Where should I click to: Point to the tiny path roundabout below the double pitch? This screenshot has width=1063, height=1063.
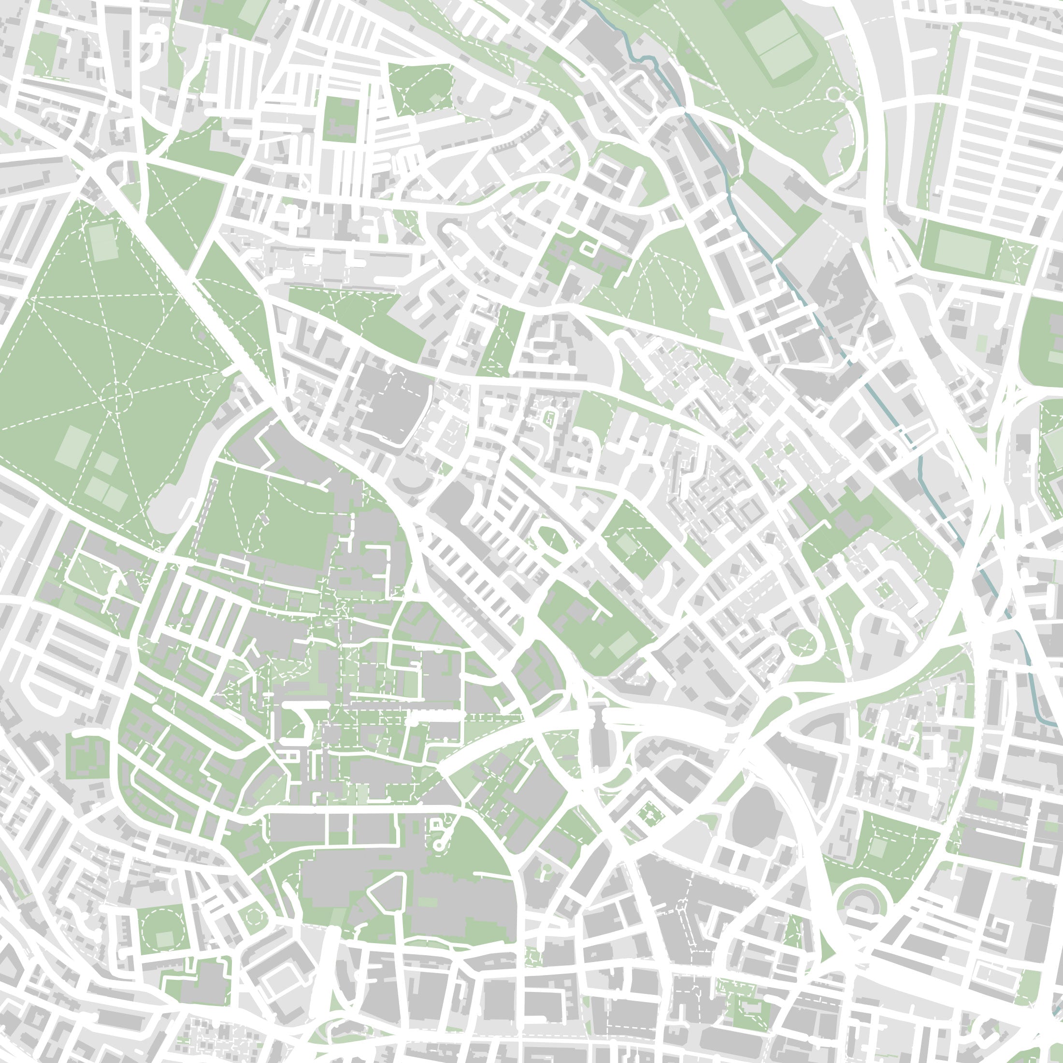click(x=834, y=95)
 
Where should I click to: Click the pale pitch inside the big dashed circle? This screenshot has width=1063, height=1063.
click(x=164, y=939)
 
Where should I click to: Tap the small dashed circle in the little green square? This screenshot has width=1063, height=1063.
click(x=254, y=917)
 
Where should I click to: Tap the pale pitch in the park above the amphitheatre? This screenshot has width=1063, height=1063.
click(x=878, y=848)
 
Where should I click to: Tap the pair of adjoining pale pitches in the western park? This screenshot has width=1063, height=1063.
click(x=106, y=493)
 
